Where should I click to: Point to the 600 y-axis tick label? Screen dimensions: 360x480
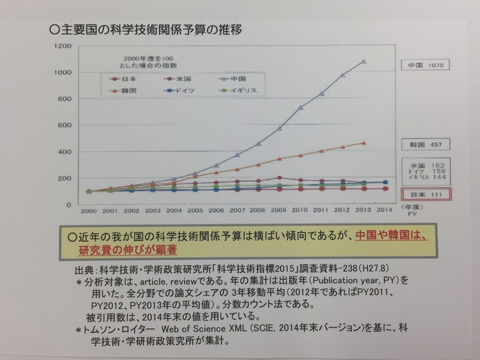coord(65,125)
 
